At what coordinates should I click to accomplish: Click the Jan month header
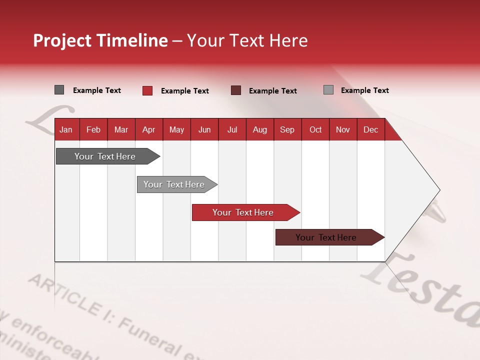pyautogui.click(x=66, y=129)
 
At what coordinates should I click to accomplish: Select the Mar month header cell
pyautogui.click(x=121, y=129)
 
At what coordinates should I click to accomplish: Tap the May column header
pyautogui.click(x=176, y=129)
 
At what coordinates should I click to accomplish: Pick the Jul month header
pyautogui.click(x=232, y=129)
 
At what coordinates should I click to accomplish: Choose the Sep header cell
pyautogui.click(x=287, y=129)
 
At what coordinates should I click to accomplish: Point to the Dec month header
pyautogui.click(x=370, y=129)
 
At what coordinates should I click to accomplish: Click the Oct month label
pyautogui.click(x=315, y=129)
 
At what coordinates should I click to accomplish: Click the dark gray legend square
pyautogui.click(x=59, y=90)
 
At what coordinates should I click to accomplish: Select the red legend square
pyautogui.click(x=147, y=90)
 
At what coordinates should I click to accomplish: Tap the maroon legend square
pyautogui.click(x=236, y=90)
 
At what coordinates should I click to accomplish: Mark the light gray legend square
pyautogui.click(x=328, y=90)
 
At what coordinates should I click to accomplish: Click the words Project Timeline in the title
pyautogui.click(x=100, y=40)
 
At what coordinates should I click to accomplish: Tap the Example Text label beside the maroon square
pyautogui.click(x=273, y=91)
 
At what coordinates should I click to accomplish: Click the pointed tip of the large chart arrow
pyautogui.click(x=438, y=190)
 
